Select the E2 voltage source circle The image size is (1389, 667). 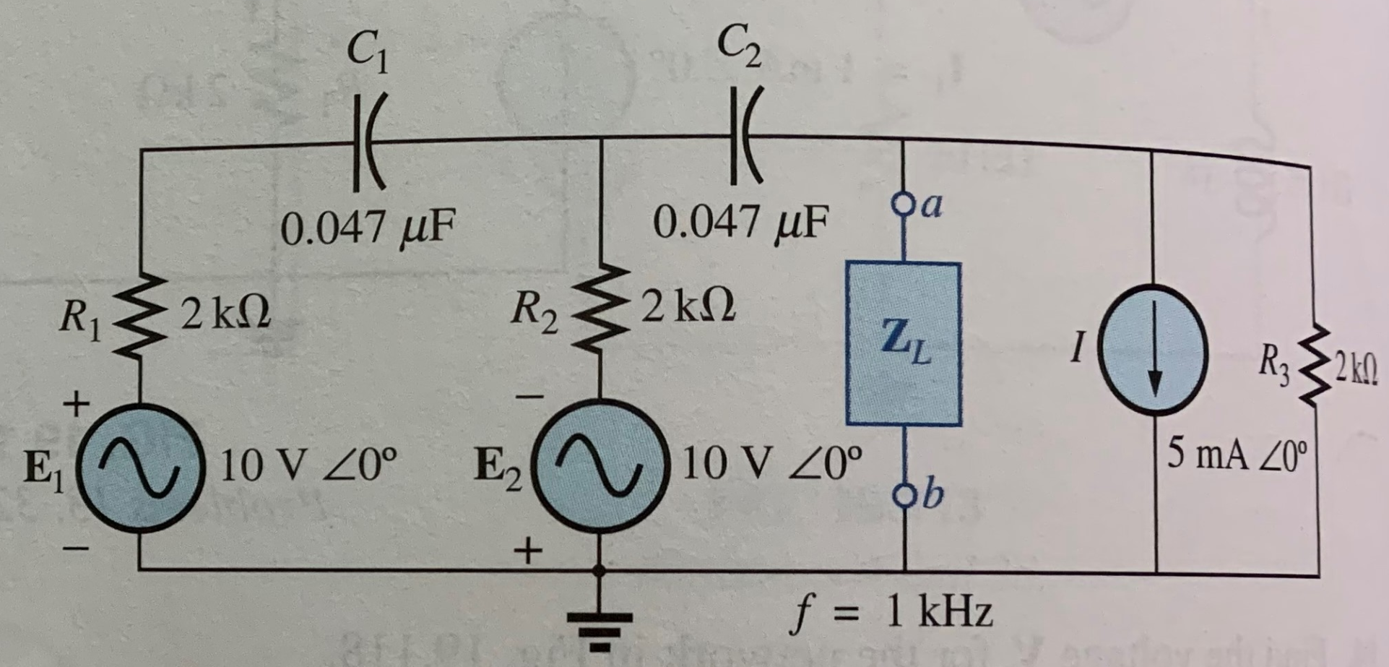600,466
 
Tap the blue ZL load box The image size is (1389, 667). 904,343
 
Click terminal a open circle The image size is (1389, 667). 903,199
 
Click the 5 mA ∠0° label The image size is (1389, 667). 1237,455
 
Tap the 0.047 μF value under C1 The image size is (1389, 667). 368,228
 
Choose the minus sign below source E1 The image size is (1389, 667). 77,549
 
